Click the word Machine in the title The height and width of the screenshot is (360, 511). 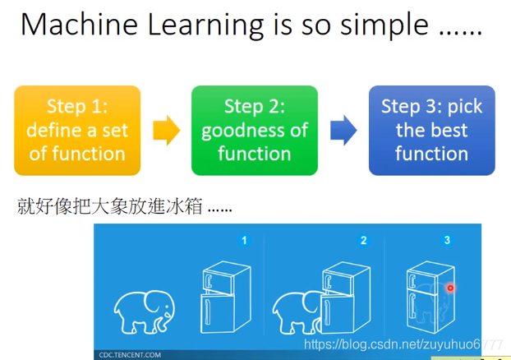coord(79,25)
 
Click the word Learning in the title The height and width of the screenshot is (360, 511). coord(205,26)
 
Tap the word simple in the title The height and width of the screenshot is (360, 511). coord(384,26)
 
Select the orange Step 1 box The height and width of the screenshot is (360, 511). coord(77,131)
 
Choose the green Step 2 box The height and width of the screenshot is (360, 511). coord(255,131)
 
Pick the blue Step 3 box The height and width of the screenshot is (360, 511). coord(432,131)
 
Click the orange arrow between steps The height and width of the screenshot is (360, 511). coord(167,130)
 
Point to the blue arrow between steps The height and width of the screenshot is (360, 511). coord(343,130)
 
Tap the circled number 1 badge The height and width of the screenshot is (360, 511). coord(244,240)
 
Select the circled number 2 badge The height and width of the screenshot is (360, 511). coord(363,240)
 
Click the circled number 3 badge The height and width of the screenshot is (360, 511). coord(447,240)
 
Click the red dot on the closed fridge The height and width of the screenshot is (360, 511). coord(450,288)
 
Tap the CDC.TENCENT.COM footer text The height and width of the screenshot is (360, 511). coord(130,355)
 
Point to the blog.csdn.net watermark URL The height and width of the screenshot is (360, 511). coord(403,344)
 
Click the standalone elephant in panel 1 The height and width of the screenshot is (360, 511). coord(144,312)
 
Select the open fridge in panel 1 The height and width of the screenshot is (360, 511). coord(226,297)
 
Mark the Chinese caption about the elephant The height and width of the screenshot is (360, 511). coord(124,206)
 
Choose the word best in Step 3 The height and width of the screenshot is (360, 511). coord(450,130)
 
